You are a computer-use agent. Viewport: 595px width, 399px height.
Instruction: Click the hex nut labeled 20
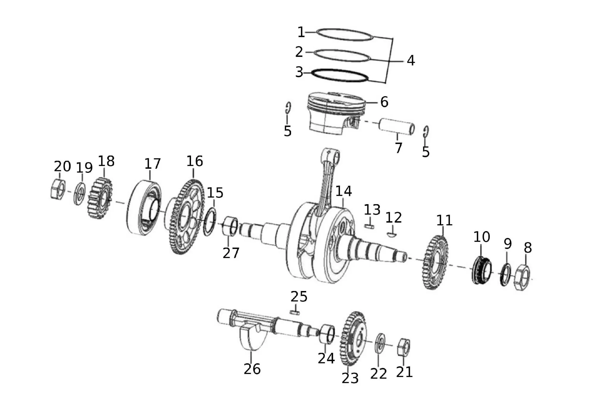point(58,189)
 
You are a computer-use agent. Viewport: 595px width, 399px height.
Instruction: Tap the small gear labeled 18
point(100,198)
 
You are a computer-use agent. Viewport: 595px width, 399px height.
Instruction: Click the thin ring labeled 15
point(210,222)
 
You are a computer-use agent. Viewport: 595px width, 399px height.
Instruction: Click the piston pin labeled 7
point(397,127)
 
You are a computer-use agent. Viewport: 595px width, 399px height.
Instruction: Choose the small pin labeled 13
point(369,226)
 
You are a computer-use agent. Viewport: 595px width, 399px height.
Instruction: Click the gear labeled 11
point(435,262)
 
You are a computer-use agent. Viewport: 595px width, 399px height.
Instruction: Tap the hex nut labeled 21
point(404,347)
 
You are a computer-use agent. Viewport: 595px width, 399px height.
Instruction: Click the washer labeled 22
point(380,343)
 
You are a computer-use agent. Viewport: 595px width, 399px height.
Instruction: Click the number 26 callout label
point(252,369)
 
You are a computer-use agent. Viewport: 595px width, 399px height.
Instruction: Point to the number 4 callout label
point(411,60)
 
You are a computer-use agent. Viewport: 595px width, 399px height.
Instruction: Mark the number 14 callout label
point(344,191)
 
